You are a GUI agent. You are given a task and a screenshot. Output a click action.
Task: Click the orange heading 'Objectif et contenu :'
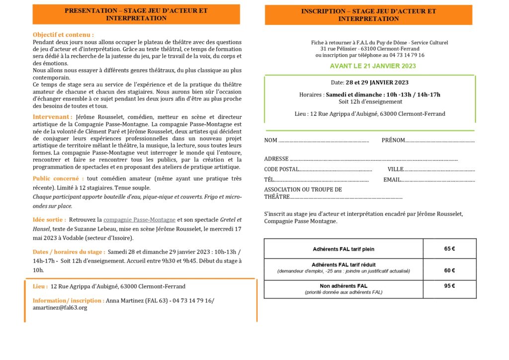[x=63, y=35]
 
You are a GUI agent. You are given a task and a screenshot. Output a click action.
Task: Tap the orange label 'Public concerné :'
[x=58, y=179]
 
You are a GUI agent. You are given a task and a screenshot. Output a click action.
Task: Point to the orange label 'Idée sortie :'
[x=49, y=219]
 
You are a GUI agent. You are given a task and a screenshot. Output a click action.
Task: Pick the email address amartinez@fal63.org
[x=60, y=308]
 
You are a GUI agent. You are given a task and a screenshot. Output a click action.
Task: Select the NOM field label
[x=271, y=140]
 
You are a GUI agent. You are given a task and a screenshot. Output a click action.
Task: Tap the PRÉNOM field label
[x=393, y=140]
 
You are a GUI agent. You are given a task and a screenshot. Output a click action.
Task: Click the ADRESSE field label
[x=276, y=159]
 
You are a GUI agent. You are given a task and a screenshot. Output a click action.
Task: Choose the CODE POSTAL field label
[x=281, y=169]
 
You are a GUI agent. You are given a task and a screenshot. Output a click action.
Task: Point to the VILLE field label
[x=396, y=169]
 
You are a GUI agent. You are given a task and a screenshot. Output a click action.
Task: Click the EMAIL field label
[x=392, y=180]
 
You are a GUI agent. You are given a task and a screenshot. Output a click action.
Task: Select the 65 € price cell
[x=449, y=249]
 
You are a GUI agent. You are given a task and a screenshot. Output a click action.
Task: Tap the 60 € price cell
[x=449, y=270]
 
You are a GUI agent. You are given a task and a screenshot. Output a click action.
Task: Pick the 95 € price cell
[x=449, y=286]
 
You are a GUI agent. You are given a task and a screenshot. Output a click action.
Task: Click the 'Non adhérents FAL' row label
[x=343, y=286]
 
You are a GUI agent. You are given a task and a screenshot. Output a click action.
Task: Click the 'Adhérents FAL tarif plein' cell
[x=343, y=249]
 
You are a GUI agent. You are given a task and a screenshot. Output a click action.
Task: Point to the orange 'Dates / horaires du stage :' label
[x=69, y=252]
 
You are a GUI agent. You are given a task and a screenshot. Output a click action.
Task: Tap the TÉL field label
[x=269, y=180]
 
